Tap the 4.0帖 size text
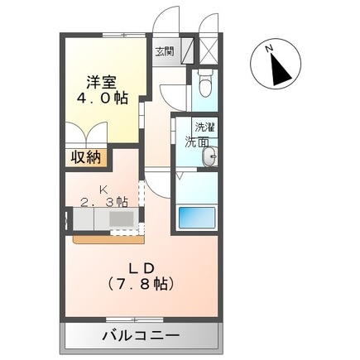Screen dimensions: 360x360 click(103, 98)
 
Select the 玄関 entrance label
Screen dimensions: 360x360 click(164, 51)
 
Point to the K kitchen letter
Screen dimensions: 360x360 click(104, 189)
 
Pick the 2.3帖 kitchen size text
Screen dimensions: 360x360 click(104, 202)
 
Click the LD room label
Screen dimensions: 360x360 click(141, 266)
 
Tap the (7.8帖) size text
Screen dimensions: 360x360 click(141, 282)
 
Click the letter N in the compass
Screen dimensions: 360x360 click(269, 50)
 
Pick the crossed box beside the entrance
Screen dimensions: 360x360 click(209, 50)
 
